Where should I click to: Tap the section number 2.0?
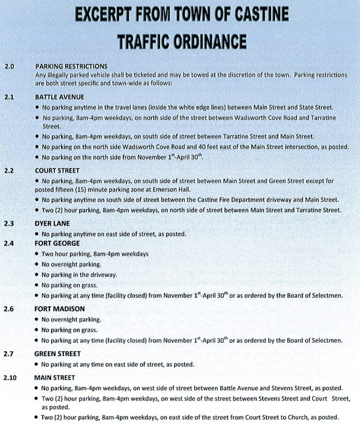point(9,66)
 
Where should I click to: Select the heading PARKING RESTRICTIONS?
point(72,66)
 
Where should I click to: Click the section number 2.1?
point(9,97)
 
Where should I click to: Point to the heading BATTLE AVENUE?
point(60,97)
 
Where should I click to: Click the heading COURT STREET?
point(58,171)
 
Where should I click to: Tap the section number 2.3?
point(9,223)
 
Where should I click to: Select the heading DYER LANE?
point(52,223)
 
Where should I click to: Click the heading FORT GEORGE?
point(57,243)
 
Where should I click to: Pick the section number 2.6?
point(9,309)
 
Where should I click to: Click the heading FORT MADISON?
point(60,309)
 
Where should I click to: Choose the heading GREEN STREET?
point(58,354)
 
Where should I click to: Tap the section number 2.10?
point(10,378)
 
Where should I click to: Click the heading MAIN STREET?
point(55,378)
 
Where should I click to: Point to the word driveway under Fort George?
point(104,275)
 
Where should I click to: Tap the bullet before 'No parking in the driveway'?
point(37,275)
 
